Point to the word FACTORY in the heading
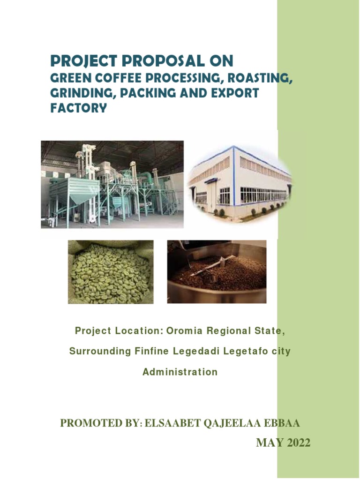79,108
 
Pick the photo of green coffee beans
111,271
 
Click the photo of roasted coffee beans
217,271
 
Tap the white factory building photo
239,183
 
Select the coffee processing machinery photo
112,184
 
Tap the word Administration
180,372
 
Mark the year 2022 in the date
296,443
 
